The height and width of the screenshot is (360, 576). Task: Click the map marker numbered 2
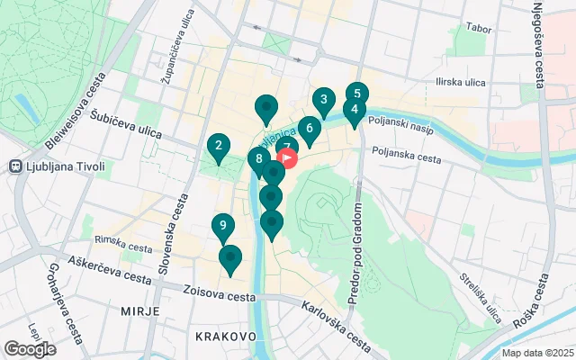(x=218, y=146)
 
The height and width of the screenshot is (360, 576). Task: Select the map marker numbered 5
(x=357, y=94)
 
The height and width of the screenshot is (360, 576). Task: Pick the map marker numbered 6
(x=309, y=129)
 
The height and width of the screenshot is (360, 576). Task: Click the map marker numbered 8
(x=259, y=160)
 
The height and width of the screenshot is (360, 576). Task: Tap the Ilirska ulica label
(x=460, y=83)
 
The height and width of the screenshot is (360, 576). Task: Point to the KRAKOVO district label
(x=225, y=336)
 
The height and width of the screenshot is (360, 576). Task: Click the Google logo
(x=29, y=348)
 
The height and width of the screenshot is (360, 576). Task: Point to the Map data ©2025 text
(x=536, y=353)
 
